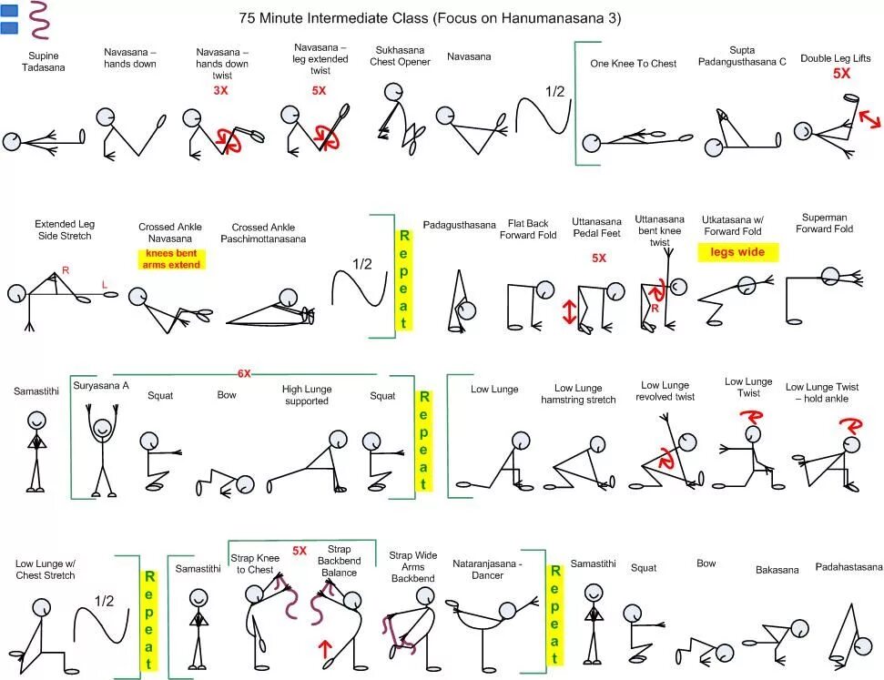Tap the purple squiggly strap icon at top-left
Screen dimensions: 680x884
39,20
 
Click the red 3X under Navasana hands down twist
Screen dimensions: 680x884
220,91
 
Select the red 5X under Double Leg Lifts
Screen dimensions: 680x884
842,74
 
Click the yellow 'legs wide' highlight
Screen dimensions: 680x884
738,252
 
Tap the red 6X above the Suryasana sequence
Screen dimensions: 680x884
244,373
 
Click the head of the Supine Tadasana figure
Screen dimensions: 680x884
12,141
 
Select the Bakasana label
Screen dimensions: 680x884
777,570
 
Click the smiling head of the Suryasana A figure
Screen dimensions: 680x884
102,426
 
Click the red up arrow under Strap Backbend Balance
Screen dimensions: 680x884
325,649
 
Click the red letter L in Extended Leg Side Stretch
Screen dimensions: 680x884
105,286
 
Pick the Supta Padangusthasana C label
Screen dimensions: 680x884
743,56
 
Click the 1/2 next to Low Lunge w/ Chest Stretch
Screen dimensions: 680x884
104,601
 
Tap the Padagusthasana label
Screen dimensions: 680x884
460,225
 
